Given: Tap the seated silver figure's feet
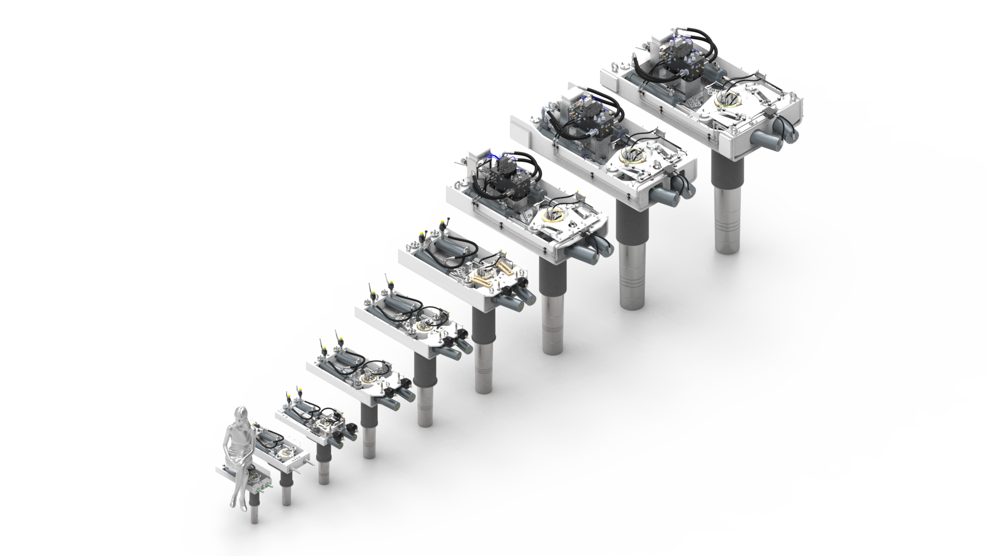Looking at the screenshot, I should (x=235, y=502).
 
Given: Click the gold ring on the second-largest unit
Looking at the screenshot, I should (x=633, y=154).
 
